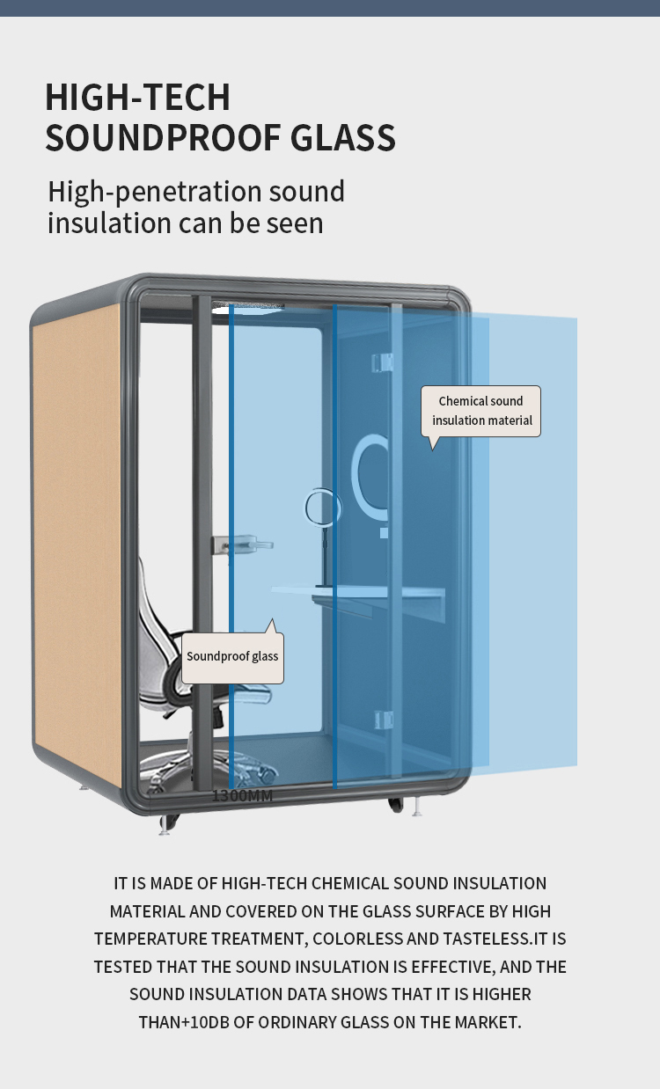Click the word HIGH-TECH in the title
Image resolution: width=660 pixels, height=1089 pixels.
pyautogui.click(x=137, y=98)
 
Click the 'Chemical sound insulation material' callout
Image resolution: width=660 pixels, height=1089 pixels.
pyautogui.click(x=481, y=411)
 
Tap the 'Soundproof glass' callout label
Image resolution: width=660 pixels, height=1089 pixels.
pyautogui.click(x=232, y=657)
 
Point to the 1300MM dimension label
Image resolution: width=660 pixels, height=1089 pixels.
pyautogui.click(x=242, y=796)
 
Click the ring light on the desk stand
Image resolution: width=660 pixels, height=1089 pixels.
pyautogui.click(x=322, y=508)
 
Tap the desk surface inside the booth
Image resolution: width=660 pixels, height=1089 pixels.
pyautogui.click(x=370, y=598)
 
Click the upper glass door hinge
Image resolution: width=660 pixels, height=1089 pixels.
pyautogui.click(x=383, y=362)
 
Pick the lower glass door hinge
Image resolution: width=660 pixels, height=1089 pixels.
pyautogui.click(x=383, y=720)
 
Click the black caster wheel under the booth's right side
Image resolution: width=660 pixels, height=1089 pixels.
pyautogui.click(x=396, y=803)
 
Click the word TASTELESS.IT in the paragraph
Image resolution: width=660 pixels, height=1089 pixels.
pyautogui.click(x=473, y=939)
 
